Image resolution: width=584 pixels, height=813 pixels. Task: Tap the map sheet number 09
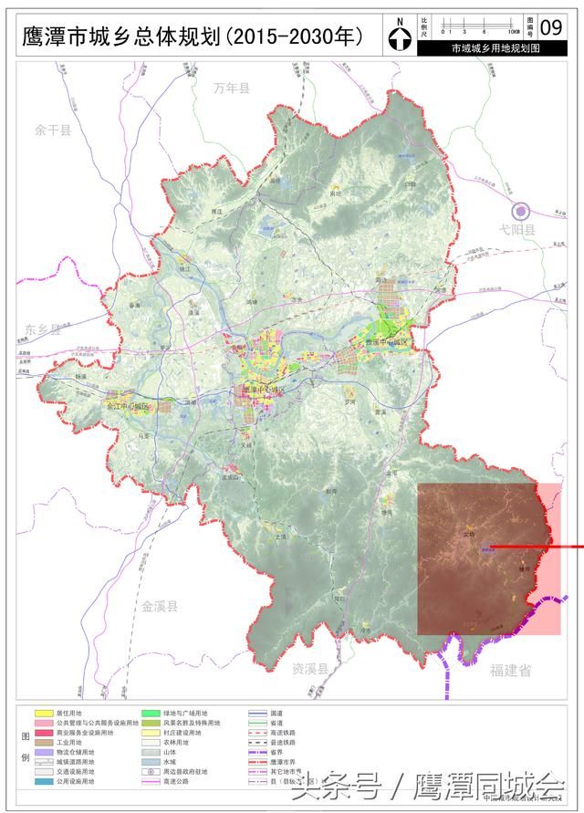point(551,25)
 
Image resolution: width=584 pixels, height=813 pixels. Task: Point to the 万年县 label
point(232,89)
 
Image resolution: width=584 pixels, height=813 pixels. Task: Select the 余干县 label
point(53,130)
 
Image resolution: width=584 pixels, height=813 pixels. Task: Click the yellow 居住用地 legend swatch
point(42,713)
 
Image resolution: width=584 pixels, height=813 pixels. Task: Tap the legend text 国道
point(277,713)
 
